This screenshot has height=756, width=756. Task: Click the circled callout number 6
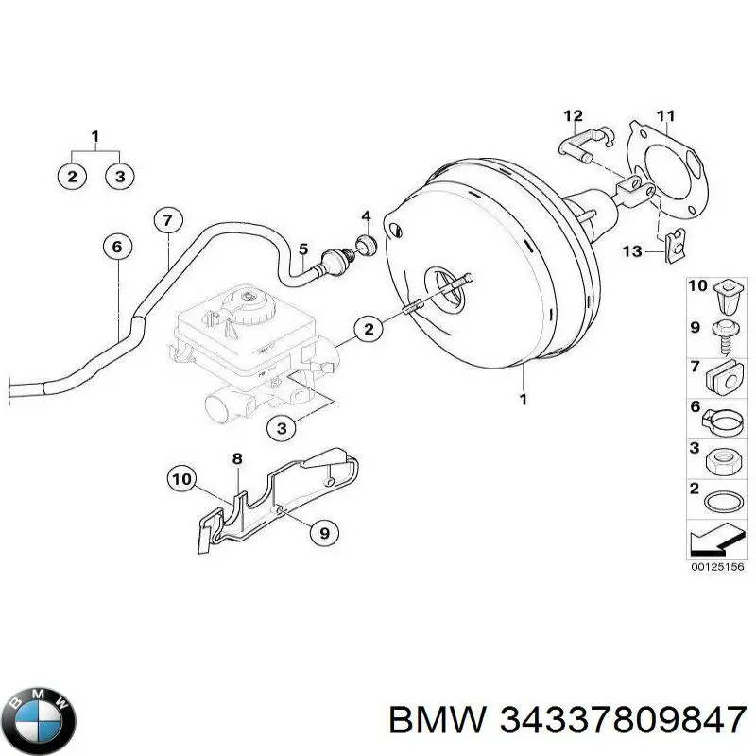116,248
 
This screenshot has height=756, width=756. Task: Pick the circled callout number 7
166,221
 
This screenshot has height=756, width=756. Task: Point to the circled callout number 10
182,480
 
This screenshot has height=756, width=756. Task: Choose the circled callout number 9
323,533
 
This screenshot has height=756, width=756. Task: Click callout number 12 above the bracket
574,116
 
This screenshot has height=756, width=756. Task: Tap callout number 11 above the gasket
666,117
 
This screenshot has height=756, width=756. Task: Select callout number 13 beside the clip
631,250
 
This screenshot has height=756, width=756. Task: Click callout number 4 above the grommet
366,215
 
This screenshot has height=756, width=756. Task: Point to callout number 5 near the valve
303,249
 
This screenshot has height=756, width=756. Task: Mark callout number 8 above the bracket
238,459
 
